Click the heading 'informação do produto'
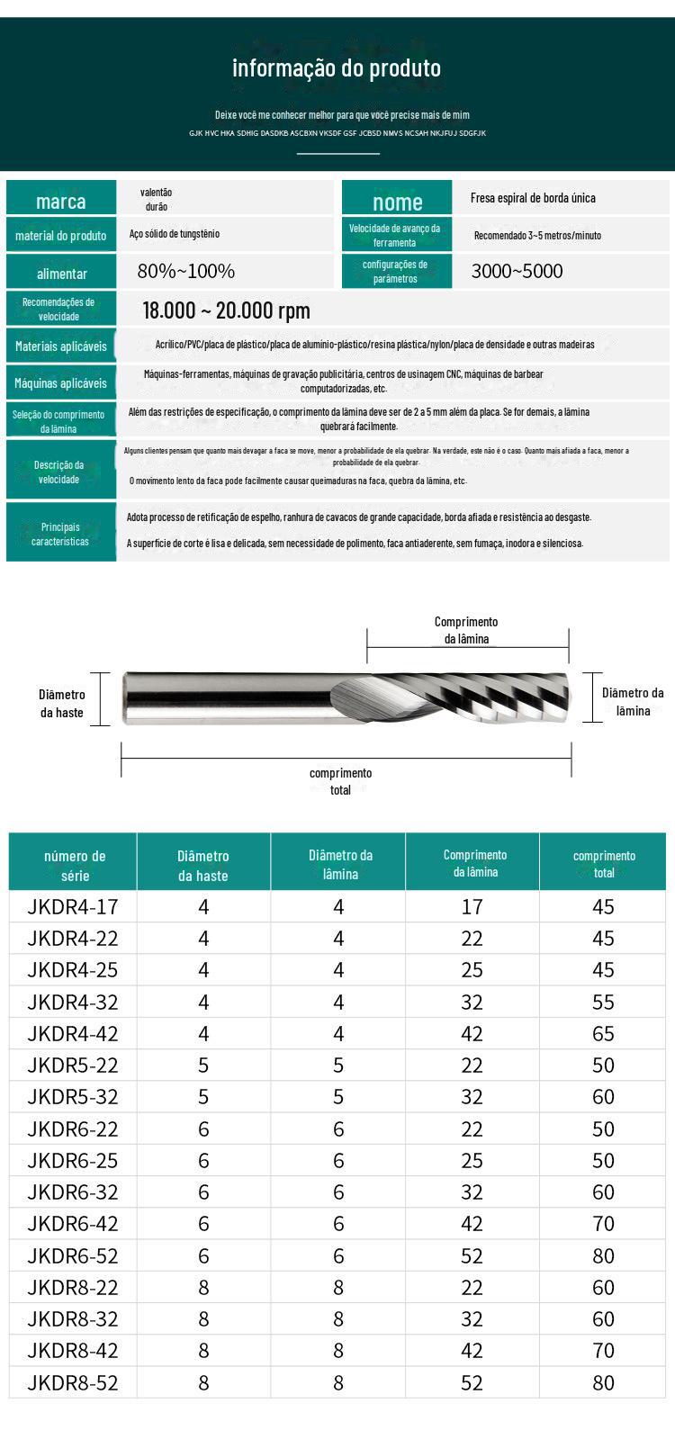[x=337, y=68]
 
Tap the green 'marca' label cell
[x=61, y=201]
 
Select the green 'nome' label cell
[x=397, y=202]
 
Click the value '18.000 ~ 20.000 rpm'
[x=227, y=311]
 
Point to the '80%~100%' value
[x=186, y=271]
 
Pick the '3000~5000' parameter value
[x=517, y=271]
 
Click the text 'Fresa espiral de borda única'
[x=533, y=198]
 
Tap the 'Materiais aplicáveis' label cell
[x=61, y=346]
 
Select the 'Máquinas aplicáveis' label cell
[x=61, y=383]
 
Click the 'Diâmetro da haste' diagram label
[x=62, y=703]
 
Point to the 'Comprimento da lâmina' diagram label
[x=466, y=630]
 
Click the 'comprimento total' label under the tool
[x=340, y=781]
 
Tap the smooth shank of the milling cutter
[x=234, y=697]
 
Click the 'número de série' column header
[x=75, y=865]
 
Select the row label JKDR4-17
[x=73, y=907]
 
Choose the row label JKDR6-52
[x=73, y=1255]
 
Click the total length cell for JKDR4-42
[x=603, y=1034]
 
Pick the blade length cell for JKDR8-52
[x=472, y=1382]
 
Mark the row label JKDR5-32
[x=73, y=1097]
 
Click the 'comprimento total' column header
[x=604, y=864]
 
